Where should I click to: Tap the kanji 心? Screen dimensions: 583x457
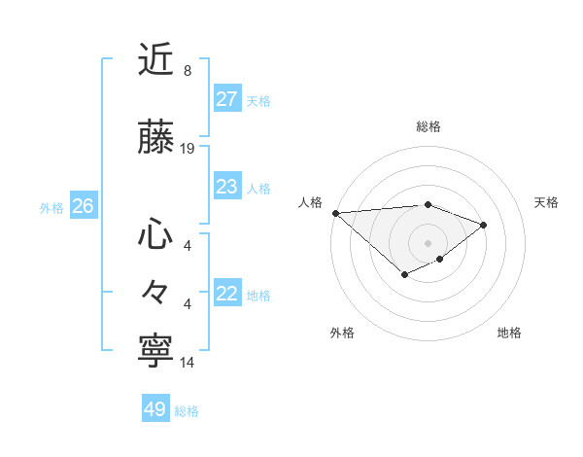[x=155, y=233]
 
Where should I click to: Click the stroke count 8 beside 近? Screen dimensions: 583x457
[x=187, y=71]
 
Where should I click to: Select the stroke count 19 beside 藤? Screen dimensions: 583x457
[x=188, y=149]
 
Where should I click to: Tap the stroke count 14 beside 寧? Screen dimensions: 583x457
[x=188, y=363]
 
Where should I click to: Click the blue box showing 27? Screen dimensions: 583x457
[x=227, y=99]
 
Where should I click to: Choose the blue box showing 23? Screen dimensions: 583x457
[x=227, y=187]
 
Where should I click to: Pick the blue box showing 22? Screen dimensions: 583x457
[x=227, y=294]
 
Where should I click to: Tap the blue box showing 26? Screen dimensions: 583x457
[x=83, y=206]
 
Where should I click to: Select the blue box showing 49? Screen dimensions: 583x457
[x=155, y=409]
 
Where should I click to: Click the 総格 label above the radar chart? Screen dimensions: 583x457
[x=429, y=126]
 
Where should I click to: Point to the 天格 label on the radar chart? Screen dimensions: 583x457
[x=547, y=202]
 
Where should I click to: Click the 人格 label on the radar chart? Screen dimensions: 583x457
[x=311, y=202]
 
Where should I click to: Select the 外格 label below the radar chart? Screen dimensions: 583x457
[x=342, y=333]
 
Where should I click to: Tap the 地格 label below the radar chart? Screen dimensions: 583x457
[x=509, y=333]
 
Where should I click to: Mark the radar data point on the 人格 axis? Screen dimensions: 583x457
[x=335, y=213]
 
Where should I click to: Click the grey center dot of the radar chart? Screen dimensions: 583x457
[x=429, y=242]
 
